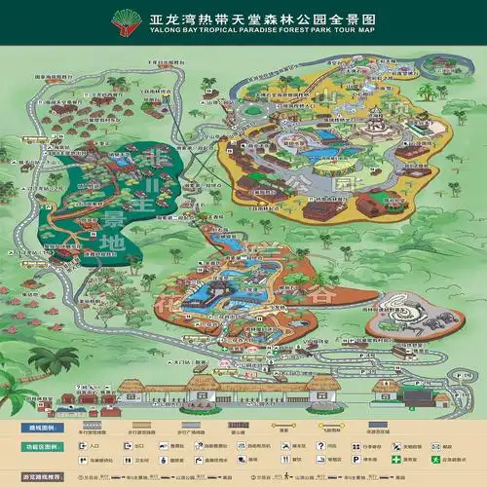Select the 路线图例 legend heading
click(x=22, y=400)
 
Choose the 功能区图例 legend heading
click(x=22, y=421)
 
